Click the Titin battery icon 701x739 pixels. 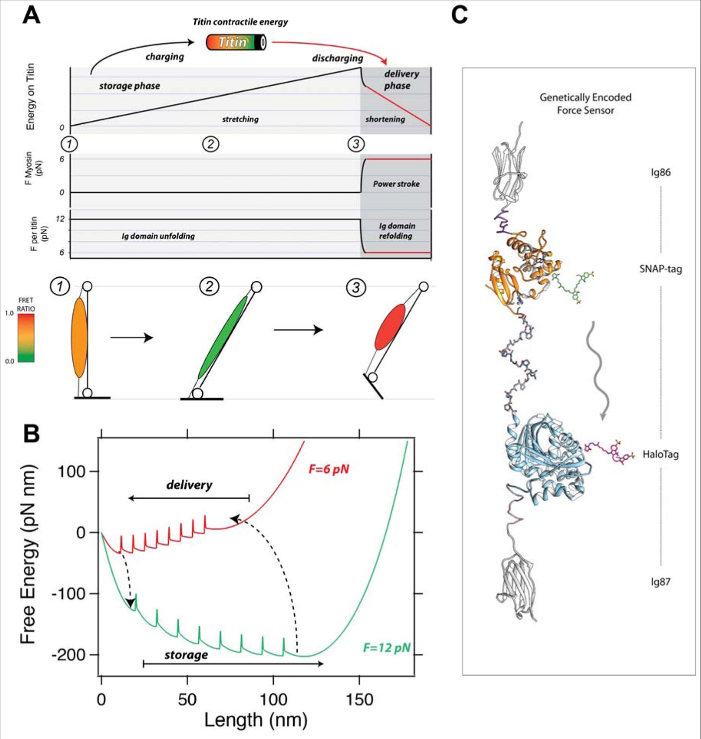236,42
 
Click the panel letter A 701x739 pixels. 31,15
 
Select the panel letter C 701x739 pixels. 459,15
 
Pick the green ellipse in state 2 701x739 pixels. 222,337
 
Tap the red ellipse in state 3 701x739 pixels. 390,327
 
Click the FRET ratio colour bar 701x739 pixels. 26,337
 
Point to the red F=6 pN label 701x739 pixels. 328,469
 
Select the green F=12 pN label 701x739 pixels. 386,647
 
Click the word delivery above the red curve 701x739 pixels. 189,485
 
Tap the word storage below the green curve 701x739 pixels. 186,655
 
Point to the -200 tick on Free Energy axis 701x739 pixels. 72,655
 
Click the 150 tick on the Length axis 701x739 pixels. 359,699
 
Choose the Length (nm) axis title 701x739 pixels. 256,720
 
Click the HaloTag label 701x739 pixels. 660,454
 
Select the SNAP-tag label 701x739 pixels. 660,269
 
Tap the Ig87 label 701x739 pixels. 660,582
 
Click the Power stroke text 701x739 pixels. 396,184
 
